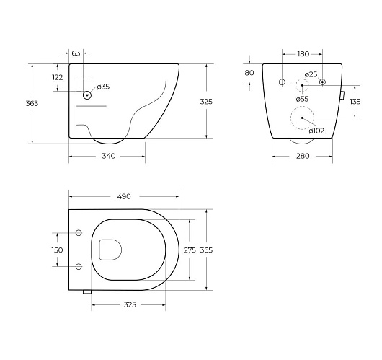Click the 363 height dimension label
click(x=32, y=103)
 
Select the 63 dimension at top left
click(x=76, y=53)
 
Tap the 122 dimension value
click(x=58, y=77)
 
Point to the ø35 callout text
click(x=103, y=87)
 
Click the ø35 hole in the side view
click(x=87, y=95)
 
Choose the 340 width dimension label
click(x=108, y=156)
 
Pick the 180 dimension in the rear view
click(x=303, y=54)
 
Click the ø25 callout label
click(x=311, y=74)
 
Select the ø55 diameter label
click(x=302, y=99)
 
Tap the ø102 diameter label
click(x=316, y=131)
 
